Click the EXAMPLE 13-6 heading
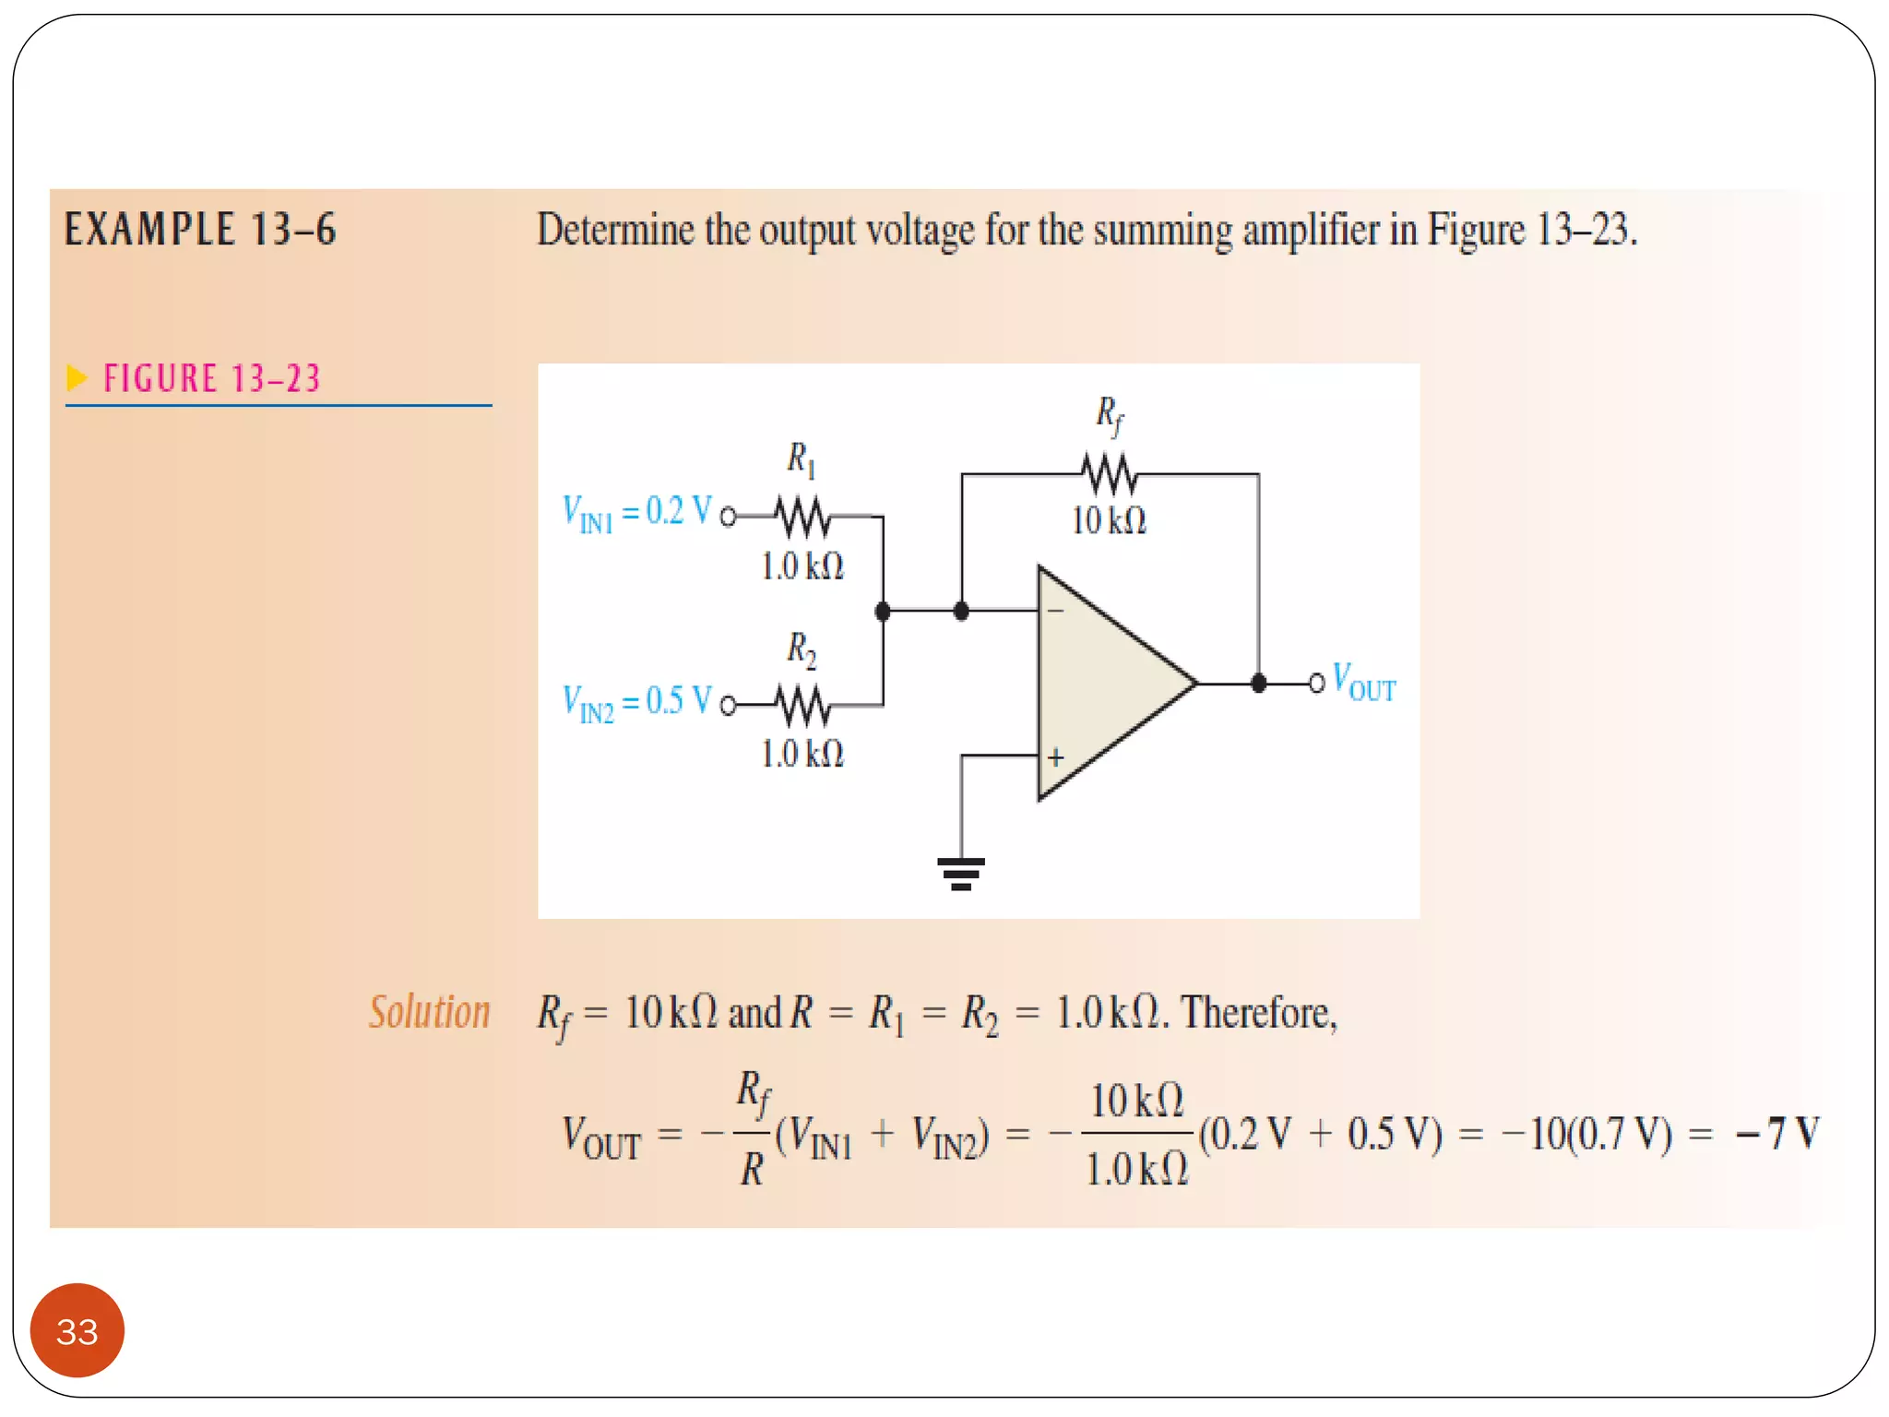(x=200, y=230)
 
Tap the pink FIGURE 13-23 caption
(x=211, y=379)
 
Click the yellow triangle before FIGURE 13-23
(x=77, y=377)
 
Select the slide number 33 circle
(x=77, y=1330)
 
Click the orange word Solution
(x=429, y=1012)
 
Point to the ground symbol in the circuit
(x=960, y=872)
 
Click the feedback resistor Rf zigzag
(x=1109, y=474)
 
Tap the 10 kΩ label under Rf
(x=1109, y=521)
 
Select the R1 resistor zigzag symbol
(x=802, y=518)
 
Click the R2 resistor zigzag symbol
(x=802, y=707)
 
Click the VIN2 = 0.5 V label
(x=636, y=702)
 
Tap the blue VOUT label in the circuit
(x=1364, y=684)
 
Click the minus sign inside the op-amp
(x=1056, y=611)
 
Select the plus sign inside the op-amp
(x=1056, y=757)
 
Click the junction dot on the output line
(x=1258, y=684)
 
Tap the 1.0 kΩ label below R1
(x=802, y=566)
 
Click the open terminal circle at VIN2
(x=728, y=707)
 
